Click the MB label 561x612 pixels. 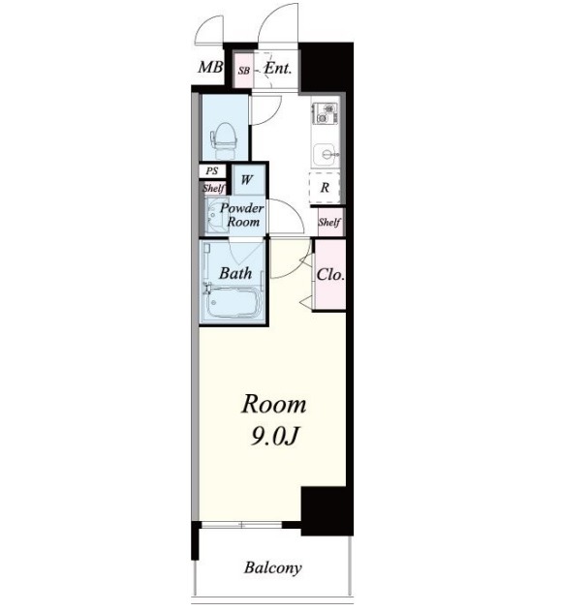(x=210, y=68)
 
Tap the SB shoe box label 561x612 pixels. (x=244, y=71)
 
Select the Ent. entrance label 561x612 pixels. (x=278, y=69)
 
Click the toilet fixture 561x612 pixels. (x=224, y=140)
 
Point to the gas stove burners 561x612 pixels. (x=325, y=112)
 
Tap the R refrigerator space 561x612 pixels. (x=325, y=188)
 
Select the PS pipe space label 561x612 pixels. (x=211, y=171)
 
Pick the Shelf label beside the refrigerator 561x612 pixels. (x=329, y=222)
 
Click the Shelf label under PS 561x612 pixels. (x=213, y=188)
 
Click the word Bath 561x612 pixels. (x=235, y=273)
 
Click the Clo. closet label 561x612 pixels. (x=330, y=275)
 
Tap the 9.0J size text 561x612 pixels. (x=275, y=437)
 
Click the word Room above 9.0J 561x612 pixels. (x=274, y=405)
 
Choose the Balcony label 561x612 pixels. (x=273, y=567)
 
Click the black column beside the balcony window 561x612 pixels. (x=327, y=511)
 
